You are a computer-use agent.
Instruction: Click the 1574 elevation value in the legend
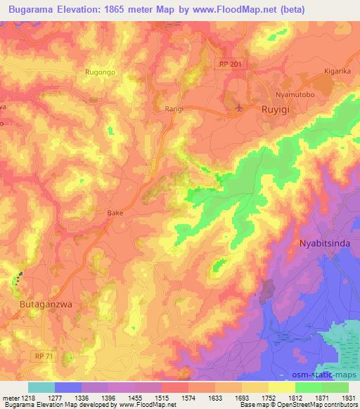click(177, 397)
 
